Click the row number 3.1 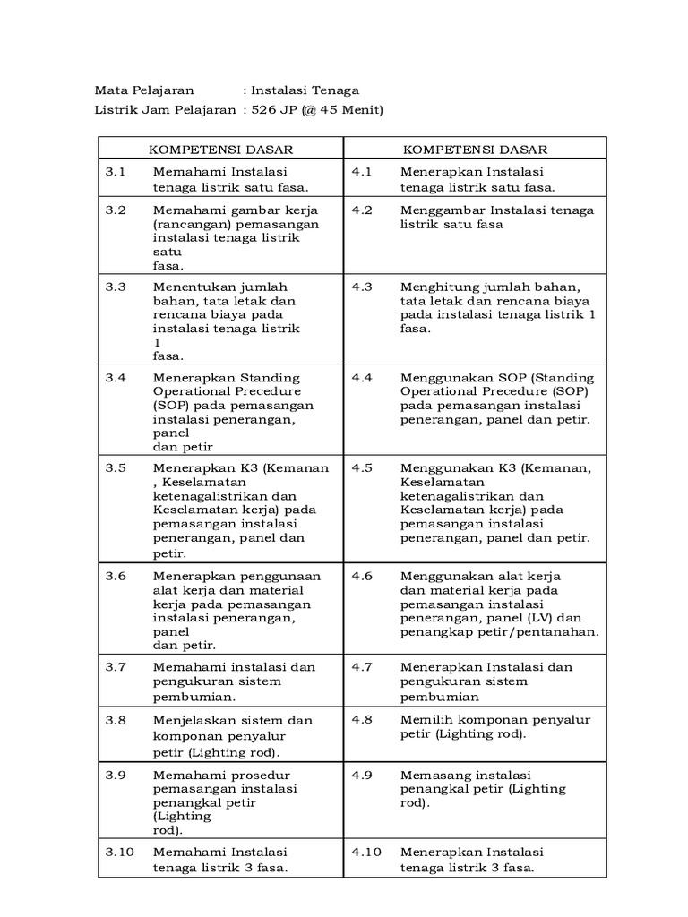point(116,172)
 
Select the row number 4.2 point(361,210)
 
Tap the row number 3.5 point(116,467)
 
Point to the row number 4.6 point(361,576)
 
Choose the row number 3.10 point(119,852)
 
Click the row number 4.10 point(365,852)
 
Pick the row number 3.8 point(116,720)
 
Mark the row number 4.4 point(361,377)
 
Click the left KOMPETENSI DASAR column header point(220,149)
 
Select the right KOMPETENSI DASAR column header point(475,149)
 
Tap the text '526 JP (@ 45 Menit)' point(317,110)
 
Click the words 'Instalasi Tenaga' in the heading point(305,90)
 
